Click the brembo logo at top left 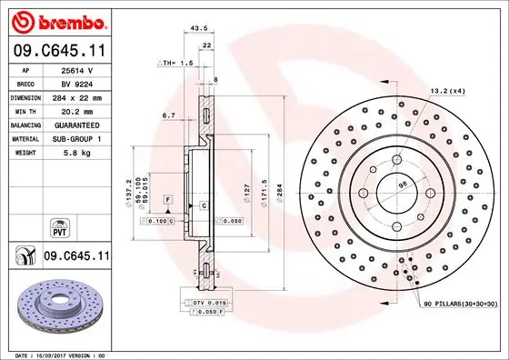tap(56, 19)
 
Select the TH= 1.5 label tap(176, 63)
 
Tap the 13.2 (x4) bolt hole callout tap(447, 90)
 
